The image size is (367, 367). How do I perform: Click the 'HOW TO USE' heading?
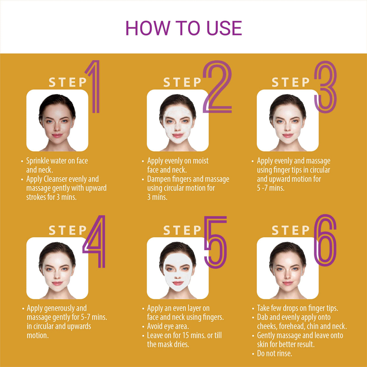click(183, 28)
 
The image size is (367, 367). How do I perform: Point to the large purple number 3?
click(325, 87)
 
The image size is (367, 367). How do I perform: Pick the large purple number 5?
click(216, 242)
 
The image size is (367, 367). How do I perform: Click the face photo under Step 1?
click(57, 120)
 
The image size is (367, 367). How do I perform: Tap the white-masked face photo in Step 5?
click(178, 268)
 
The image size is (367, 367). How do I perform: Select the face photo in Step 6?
click(288, 268)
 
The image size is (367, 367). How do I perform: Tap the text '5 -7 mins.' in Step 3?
click(271, 188)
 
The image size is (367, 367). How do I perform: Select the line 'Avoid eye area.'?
click(168, 326)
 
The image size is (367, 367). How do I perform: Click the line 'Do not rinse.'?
click(274, 354)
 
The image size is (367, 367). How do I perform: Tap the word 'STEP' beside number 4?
click(68, 230)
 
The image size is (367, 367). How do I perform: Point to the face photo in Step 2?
click(178, 120)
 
